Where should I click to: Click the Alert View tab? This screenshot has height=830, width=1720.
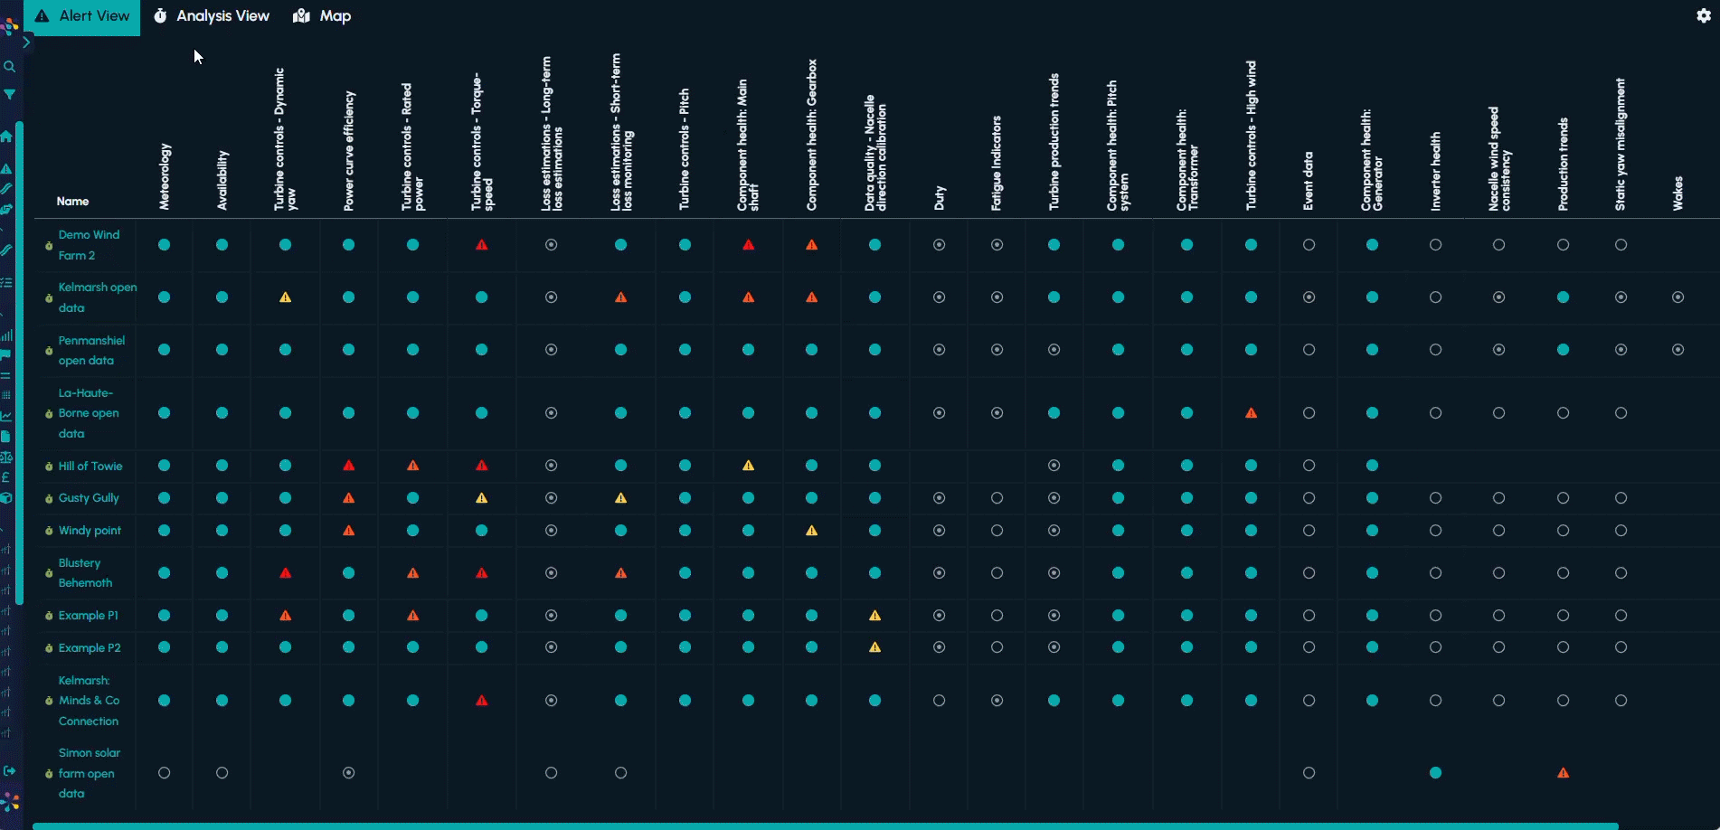[82, 16]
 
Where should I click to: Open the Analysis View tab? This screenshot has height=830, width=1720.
[213, 16]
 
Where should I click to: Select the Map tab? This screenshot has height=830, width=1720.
[323, 16]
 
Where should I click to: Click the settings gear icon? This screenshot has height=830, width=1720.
[1703, 15]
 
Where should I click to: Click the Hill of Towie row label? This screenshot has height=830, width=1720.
[90, 467]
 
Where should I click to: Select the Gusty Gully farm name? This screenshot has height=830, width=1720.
[89, 498]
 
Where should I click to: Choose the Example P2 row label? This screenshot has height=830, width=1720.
[90, 648]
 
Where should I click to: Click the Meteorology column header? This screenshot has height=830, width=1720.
[165, 177]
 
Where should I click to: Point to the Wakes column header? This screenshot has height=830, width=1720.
[1677, 193]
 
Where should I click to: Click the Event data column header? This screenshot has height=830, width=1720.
[1309, 181]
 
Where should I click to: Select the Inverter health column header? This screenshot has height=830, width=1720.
[1435, 172]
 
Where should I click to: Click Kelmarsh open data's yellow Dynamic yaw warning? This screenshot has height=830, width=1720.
[285, 297]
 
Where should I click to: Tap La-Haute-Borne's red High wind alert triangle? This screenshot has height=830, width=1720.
[1251, 413]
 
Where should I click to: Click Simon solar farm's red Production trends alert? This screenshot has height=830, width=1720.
[1563, 773]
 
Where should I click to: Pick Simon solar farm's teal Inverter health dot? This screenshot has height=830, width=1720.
[1435, 773]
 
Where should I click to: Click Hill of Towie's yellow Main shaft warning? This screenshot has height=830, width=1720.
[748, 466]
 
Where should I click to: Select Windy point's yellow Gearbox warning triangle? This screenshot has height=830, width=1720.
[811, 531]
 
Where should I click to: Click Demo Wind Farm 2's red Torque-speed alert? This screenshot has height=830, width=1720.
[482, 245]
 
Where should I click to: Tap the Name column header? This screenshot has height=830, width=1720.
[72, 202]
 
